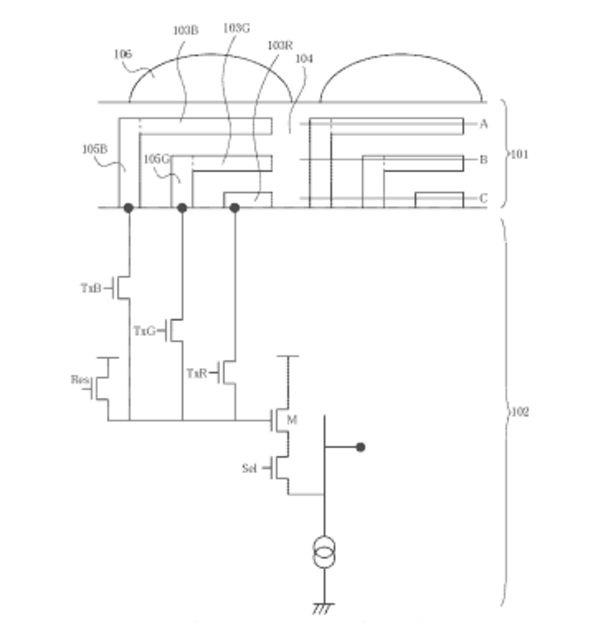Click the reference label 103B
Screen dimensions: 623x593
tap(186, 31)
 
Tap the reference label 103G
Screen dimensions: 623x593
tap(236, 28)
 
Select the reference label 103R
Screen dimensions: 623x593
tap(280, 45)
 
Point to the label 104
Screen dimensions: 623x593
tap(304, 58)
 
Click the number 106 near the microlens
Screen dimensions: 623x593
tap(123, 54)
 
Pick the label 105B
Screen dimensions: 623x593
tap(95, 149)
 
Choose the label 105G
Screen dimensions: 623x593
tap(156, 159)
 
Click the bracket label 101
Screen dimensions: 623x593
tap(519, 154)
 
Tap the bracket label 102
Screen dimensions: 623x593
tap(519, 412)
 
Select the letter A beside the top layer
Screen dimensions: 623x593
tap(484, 124)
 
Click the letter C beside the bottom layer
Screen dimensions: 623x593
tap(484, 198)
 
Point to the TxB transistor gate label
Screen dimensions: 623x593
tap(91, 288)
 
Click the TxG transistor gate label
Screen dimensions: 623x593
tap(144, 331)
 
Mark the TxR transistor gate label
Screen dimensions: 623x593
tap(196, 373)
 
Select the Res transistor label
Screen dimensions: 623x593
tap(80, 380)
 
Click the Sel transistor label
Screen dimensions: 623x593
tap(249, 468)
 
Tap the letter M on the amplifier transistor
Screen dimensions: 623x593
tap(292, 420)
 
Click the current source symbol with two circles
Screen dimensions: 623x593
tap(324, 552)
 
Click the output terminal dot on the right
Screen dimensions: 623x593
tap(360, 447)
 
